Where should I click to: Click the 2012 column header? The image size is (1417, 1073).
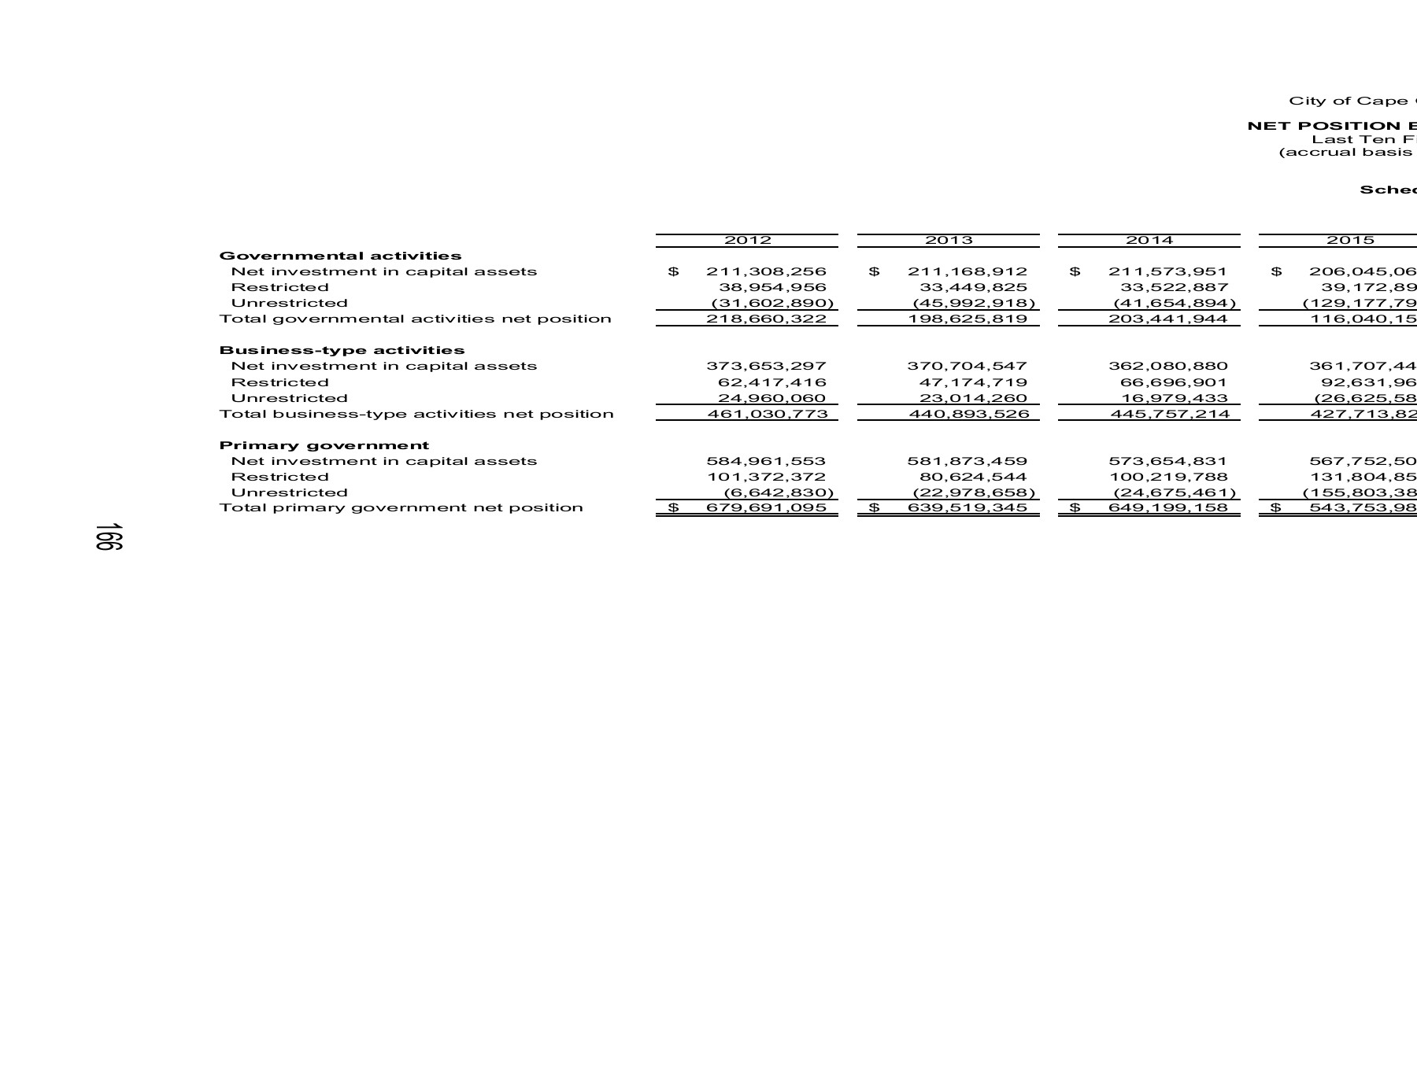pyautogui.click(x=747, y=240)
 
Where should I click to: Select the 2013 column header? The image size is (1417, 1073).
pyautogui.click(x=948, y=240)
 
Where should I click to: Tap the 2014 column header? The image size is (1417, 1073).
pyautogui.click(x=1149, y=240)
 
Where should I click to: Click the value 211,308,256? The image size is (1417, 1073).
pyautogui.click(x=766, y=271)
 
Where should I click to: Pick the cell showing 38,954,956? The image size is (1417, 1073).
pyautogui.click(x=772, y=287)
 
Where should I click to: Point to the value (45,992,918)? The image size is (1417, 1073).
pyautogui.click(x=973, y=303)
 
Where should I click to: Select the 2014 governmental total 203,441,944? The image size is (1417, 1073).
pyautogui.click(x=1167, y=319)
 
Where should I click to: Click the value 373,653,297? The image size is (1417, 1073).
pyautogui.click(x=766, y=366)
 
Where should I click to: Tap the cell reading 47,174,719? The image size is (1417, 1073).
pyautogui.click(x=973, y=382)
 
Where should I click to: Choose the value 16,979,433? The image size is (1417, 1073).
pyautogui.click(x=1174, y=398)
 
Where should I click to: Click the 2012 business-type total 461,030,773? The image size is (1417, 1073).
pyautogui.click(x=766, y=414)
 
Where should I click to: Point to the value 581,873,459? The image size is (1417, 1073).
pyautogui.click(x=967, y=461)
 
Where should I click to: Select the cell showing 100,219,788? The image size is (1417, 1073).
pyautogui.click(x=1167, y=477)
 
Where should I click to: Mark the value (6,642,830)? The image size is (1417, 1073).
pyautogui.click(x=778, y=492)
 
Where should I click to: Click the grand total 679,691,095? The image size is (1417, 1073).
pyautogui.click(x=766, y=507)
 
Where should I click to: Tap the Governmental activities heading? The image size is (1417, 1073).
pyautogui.click(x=340, y=256)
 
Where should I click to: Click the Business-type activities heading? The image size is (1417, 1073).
pyautogui.click(x=342, y=350)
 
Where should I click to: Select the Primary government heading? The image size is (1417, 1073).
pyautogui.click(x=324, y=445)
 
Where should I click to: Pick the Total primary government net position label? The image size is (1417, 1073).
pyautogui.click(x=401, y=507)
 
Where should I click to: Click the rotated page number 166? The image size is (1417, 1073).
pyautogui.click(x=108, y=536)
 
